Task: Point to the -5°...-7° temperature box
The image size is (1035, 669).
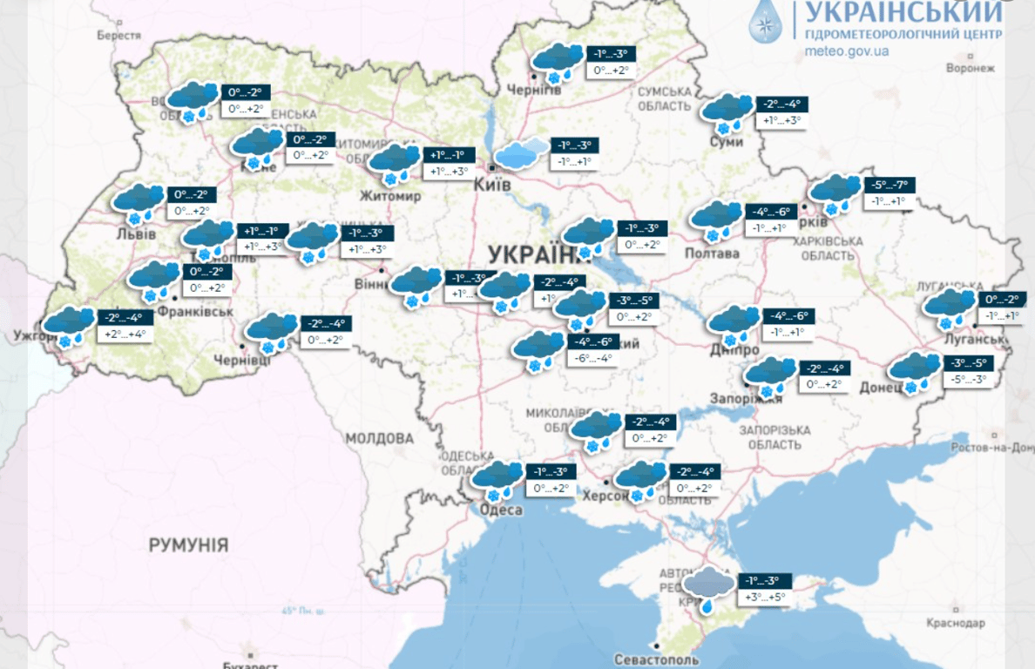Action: tap(890, 186)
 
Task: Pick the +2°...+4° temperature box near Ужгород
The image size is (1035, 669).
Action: tap(125, 334)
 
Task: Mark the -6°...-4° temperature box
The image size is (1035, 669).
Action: tap(592, 357)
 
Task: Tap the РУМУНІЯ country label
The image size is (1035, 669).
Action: tap(188, 545)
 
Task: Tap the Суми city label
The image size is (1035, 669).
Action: tap(726, 141)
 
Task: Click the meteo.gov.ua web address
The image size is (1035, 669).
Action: tap(848, 51)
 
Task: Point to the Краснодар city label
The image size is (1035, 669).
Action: tap(956, 623)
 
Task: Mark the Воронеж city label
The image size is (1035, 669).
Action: tap(970, 68)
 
